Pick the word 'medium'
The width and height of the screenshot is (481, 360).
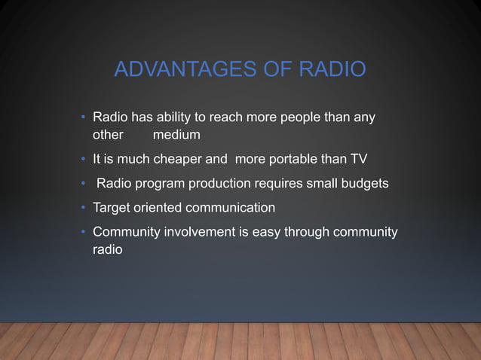[x=176, y=136]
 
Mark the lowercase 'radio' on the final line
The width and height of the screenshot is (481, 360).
[x=107, y=249]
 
